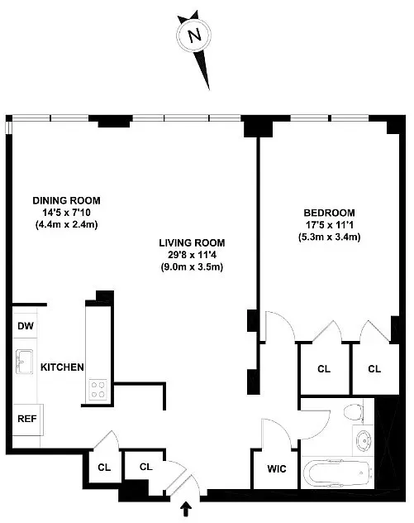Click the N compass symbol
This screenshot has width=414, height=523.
click(x=194, y=36)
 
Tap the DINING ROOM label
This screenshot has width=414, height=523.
click(x=66, y=200)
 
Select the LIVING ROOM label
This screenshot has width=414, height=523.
click(x=193, y=242)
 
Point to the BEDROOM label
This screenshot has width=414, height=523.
click(x=329, y=213)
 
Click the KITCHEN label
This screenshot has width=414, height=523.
click(x=62, y=367)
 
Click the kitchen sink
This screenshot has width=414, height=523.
click(x=23, y=362)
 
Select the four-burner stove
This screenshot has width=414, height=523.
click(x=98, y=389)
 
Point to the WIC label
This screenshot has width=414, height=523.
click(x=276, y=469)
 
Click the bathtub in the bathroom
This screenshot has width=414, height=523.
click(x=335, y=474)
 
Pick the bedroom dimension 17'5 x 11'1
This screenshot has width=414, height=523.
click(x=329, y=225)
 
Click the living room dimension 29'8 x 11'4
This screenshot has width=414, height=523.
click(x=193, y=255)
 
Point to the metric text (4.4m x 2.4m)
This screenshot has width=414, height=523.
click(x=66, y=224)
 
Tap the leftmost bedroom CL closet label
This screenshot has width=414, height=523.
click(x=324, y=368)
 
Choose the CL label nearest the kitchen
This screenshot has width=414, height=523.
click(x=103, y=467)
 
